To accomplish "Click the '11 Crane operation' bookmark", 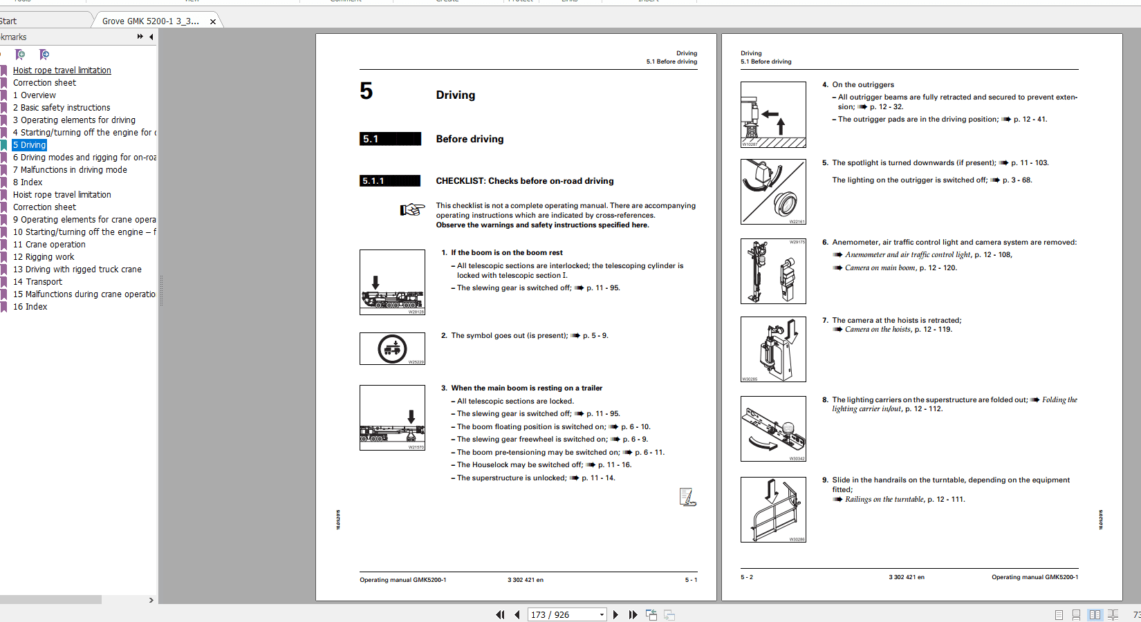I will tap(49, 245).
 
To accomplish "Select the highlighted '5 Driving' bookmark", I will tap(29, 145).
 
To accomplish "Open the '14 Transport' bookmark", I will tap(37, 282).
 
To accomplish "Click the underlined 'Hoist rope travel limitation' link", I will tap(62, 70).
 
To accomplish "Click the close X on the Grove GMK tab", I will tap(213, 21).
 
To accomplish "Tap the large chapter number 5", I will tap(367, 91).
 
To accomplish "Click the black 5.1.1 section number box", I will tap(390, 181).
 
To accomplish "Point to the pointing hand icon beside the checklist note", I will tap(412, 209).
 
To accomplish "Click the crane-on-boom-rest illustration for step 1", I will tap(392, 282).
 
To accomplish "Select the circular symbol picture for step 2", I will tap(392, 348).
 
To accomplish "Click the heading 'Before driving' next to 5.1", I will tap(470, 139).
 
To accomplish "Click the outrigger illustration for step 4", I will tap(773, 115).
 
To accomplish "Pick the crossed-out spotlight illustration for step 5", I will tap(773, 191).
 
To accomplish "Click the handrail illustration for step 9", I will tap(773, 509).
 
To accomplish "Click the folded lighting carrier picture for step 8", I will tap(773, 428).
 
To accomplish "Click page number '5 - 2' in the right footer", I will tap(747, 577).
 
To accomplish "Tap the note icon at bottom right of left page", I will tap(687, 497).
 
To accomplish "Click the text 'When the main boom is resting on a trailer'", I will tap(526, 388).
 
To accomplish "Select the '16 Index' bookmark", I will tap(30, 307).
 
